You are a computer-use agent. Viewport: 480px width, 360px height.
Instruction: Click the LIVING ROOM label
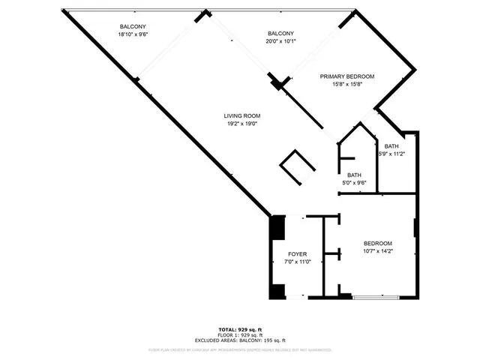pos(241,115)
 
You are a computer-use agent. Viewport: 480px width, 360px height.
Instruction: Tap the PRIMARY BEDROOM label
pos(346,76)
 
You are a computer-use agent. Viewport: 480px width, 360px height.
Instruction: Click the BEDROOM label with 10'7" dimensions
pos(378,244)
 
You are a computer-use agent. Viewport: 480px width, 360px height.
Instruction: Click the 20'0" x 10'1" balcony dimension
pos(280,41)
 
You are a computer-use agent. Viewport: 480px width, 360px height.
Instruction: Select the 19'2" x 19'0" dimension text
pos(241,124)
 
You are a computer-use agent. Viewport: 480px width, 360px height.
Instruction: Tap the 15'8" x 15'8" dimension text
pos(346,84)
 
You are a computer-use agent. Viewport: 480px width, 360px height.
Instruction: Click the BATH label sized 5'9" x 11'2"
pos(391,146)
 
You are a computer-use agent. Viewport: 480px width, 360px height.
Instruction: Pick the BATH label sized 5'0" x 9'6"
pos(354,175)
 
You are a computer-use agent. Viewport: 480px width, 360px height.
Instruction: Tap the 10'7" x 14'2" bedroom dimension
pos(378,252)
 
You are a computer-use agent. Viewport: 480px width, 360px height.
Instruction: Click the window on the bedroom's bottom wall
pos(376,298)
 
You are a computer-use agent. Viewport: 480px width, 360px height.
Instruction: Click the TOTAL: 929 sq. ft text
pos(240,329)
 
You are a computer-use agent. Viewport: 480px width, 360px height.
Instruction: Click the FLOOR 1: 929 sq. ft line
pos(240,334)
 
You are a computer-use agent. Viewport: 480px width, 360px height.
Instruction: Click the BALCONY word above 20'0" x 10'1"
pos(280,33)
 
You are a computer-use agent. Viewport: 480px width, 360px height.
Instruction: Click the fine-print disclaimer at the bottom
pos(240,349)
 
